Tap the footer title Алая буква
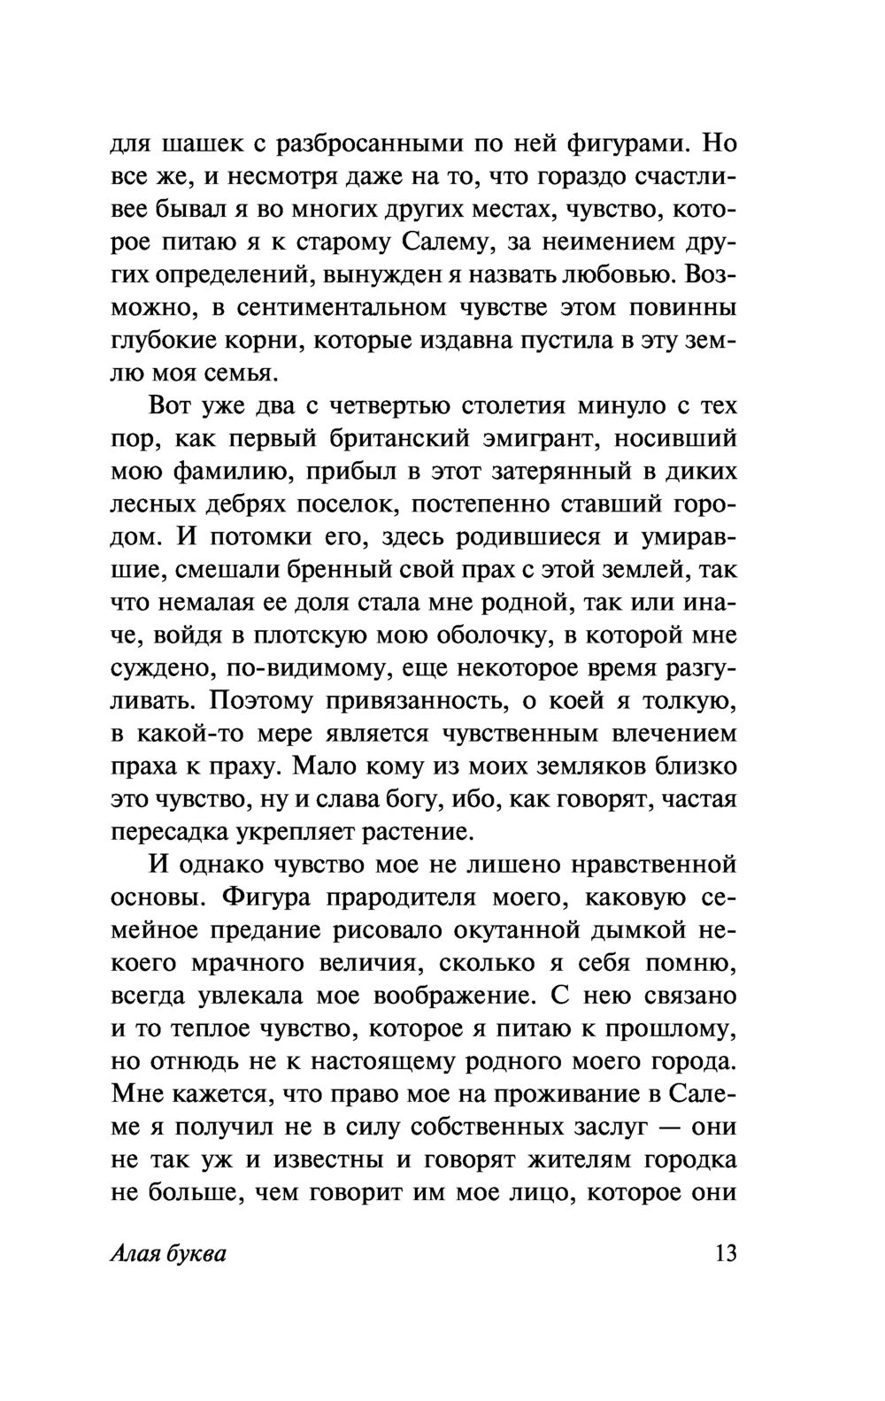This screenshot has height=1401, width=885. (169, 1254)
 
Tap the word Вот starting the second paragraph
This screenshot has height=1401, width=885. (172, 406)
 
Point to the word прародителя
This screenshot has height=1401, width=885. (419, 897)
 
